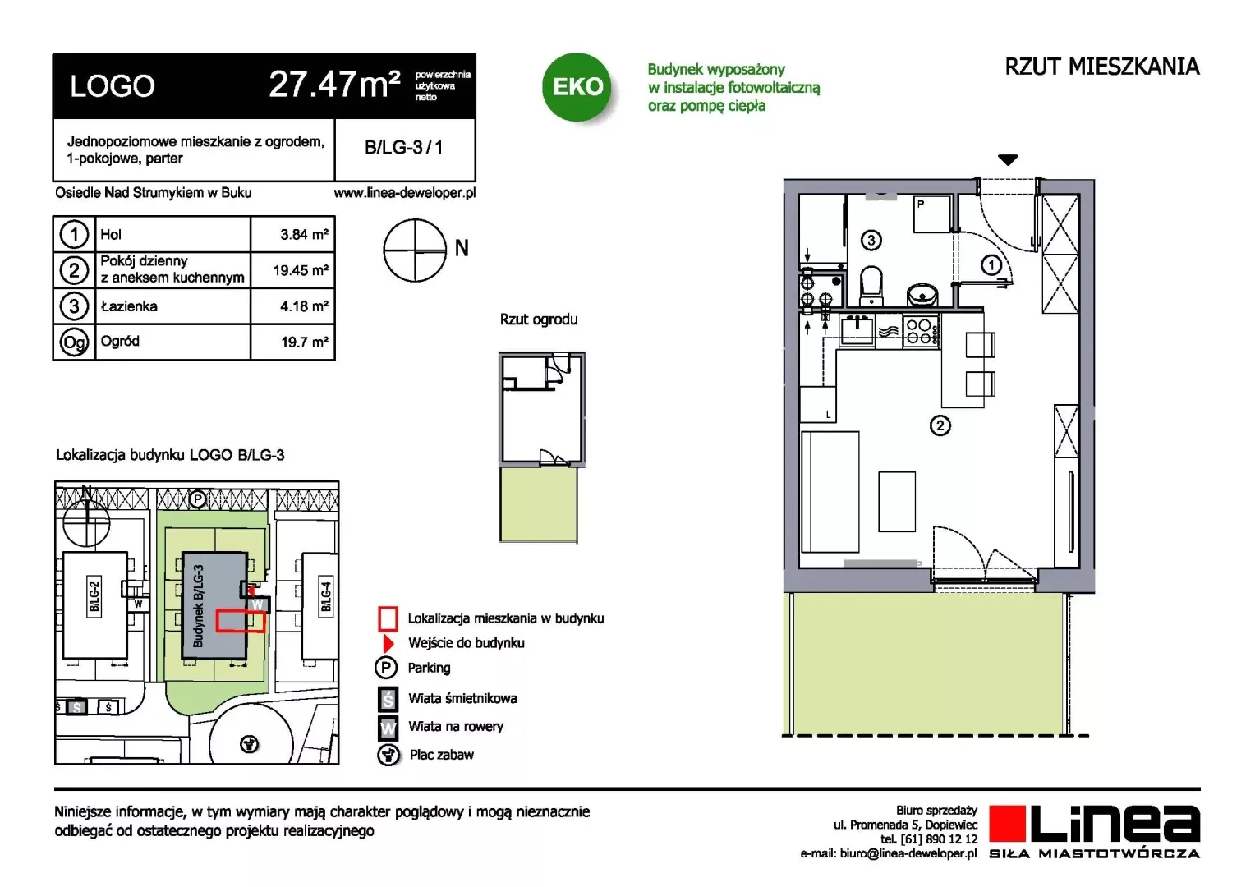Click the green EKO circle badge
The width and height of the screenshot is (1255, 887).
(577, 87)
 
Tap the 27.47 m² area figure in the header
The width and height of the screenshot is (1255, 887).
(334, 85)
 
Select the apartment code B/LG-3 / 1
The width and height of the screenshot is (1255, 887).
(404, 147)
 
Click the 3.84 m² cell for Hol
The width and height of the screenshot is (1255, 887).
(304, 234)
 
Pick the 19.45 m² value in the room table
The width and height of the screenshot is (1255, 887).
(301, 270)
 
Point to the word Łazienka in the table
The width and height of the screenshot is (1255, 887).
(129, 306)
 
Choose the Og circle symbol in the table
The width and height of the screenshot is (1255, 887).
(74, 342)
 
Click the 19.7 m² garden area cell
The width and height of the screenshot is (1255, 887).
(305, 342)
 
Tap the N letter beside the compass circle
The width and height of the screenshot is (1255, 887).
(462, 248)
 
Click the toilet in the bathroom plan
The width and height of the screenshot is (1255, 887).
(871, 285)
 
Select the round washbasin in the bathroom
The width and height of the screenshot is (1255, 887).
(922, 294)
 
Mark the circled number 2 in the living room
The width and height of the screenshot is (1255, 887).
(940, 426)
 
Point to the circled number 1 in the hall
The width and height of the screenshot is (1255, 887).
(991, 265)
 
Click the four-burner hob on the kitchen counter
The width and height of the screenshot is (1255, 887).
(920, 331)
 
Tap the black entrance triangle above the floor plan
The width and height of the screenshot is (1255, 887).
(1008, 160)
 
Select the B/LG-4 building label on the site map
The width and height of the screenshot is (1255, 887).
(326, 597)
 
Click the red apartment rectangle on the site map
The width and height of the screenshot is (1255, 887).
(241, 622)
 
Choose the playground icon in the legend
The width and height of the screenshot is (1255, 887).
(388, 755)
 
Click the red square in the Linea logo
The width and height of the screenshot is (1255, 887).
(1007, 823)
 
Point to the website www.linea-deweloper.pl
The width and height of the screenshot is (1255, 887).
(405, 193)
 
